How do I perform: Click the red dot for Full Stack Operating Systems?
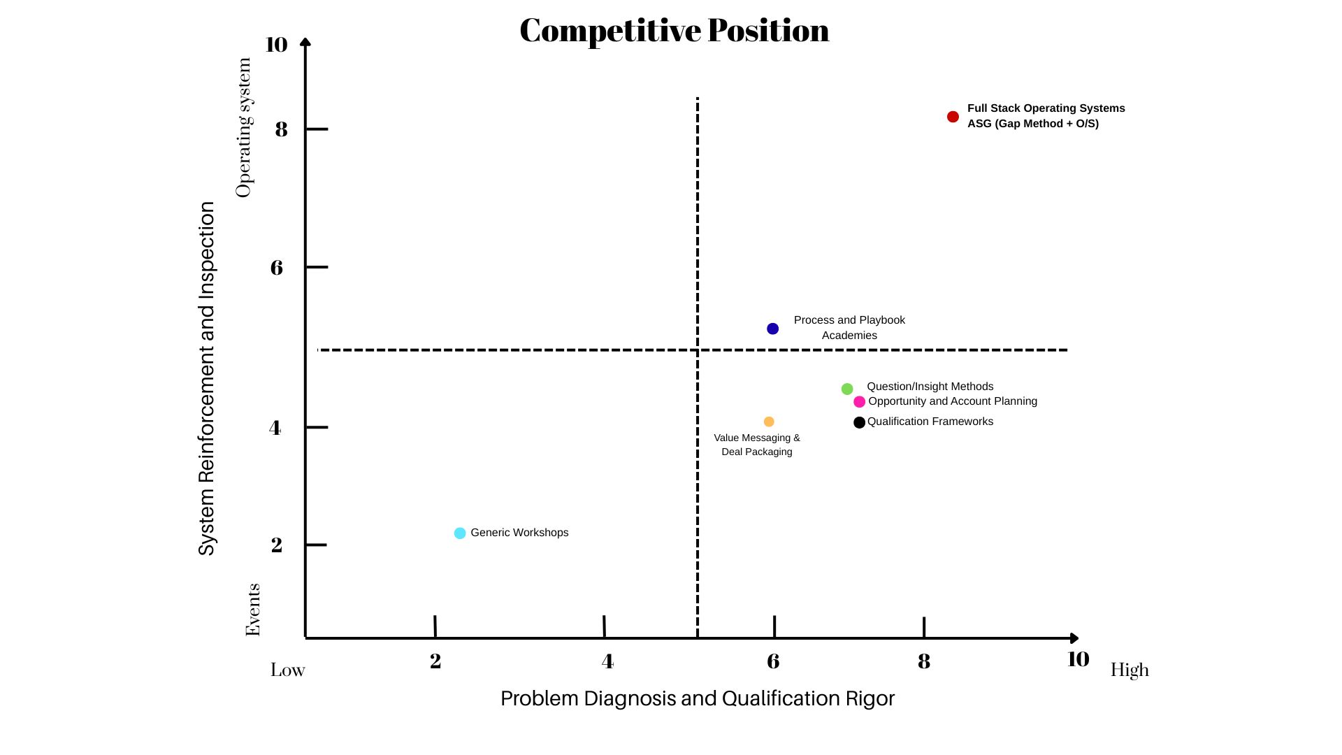[x=953, y=117]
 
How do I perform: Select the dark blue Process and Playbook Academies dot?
[x=772, y=329]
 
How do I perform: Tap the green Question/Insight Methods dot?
[x=847, y=389]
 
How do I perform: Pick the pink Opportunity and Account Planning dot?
[x=859, y=402]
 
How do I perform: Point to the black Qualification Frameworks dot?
[x=859, y=422]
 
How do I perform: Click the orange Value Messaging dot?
[x=769, y=422]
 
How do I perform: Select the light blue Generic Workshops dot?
[x=460, y=533]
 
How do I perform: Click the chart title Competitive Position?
[x=674, y=31]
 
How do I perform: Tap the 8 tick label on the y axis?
[x=281, y=129]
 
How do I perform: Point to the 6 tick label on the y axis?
[x=277, y=267]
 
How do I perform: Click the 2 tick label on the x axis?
[x=435, y=661]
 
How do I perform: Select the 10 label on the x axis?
[x=1078, y=659]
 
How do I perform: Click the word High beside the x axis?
[x=1130, y=670]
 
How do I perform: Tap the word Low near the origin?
[x=288, y=670]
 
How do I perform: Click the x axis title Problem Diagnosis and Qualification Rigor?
[x=698, y=698]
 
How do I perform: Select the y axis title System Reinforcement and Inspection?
[x=207, y=378]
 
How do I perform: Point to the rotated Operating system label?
[x=243, y=128]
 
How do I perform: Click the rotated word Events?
[x=252, y=610]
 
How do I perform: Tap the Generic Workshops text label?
[x=519, y=533]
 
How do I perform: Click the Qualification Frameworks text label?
[x=930, y=422]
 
